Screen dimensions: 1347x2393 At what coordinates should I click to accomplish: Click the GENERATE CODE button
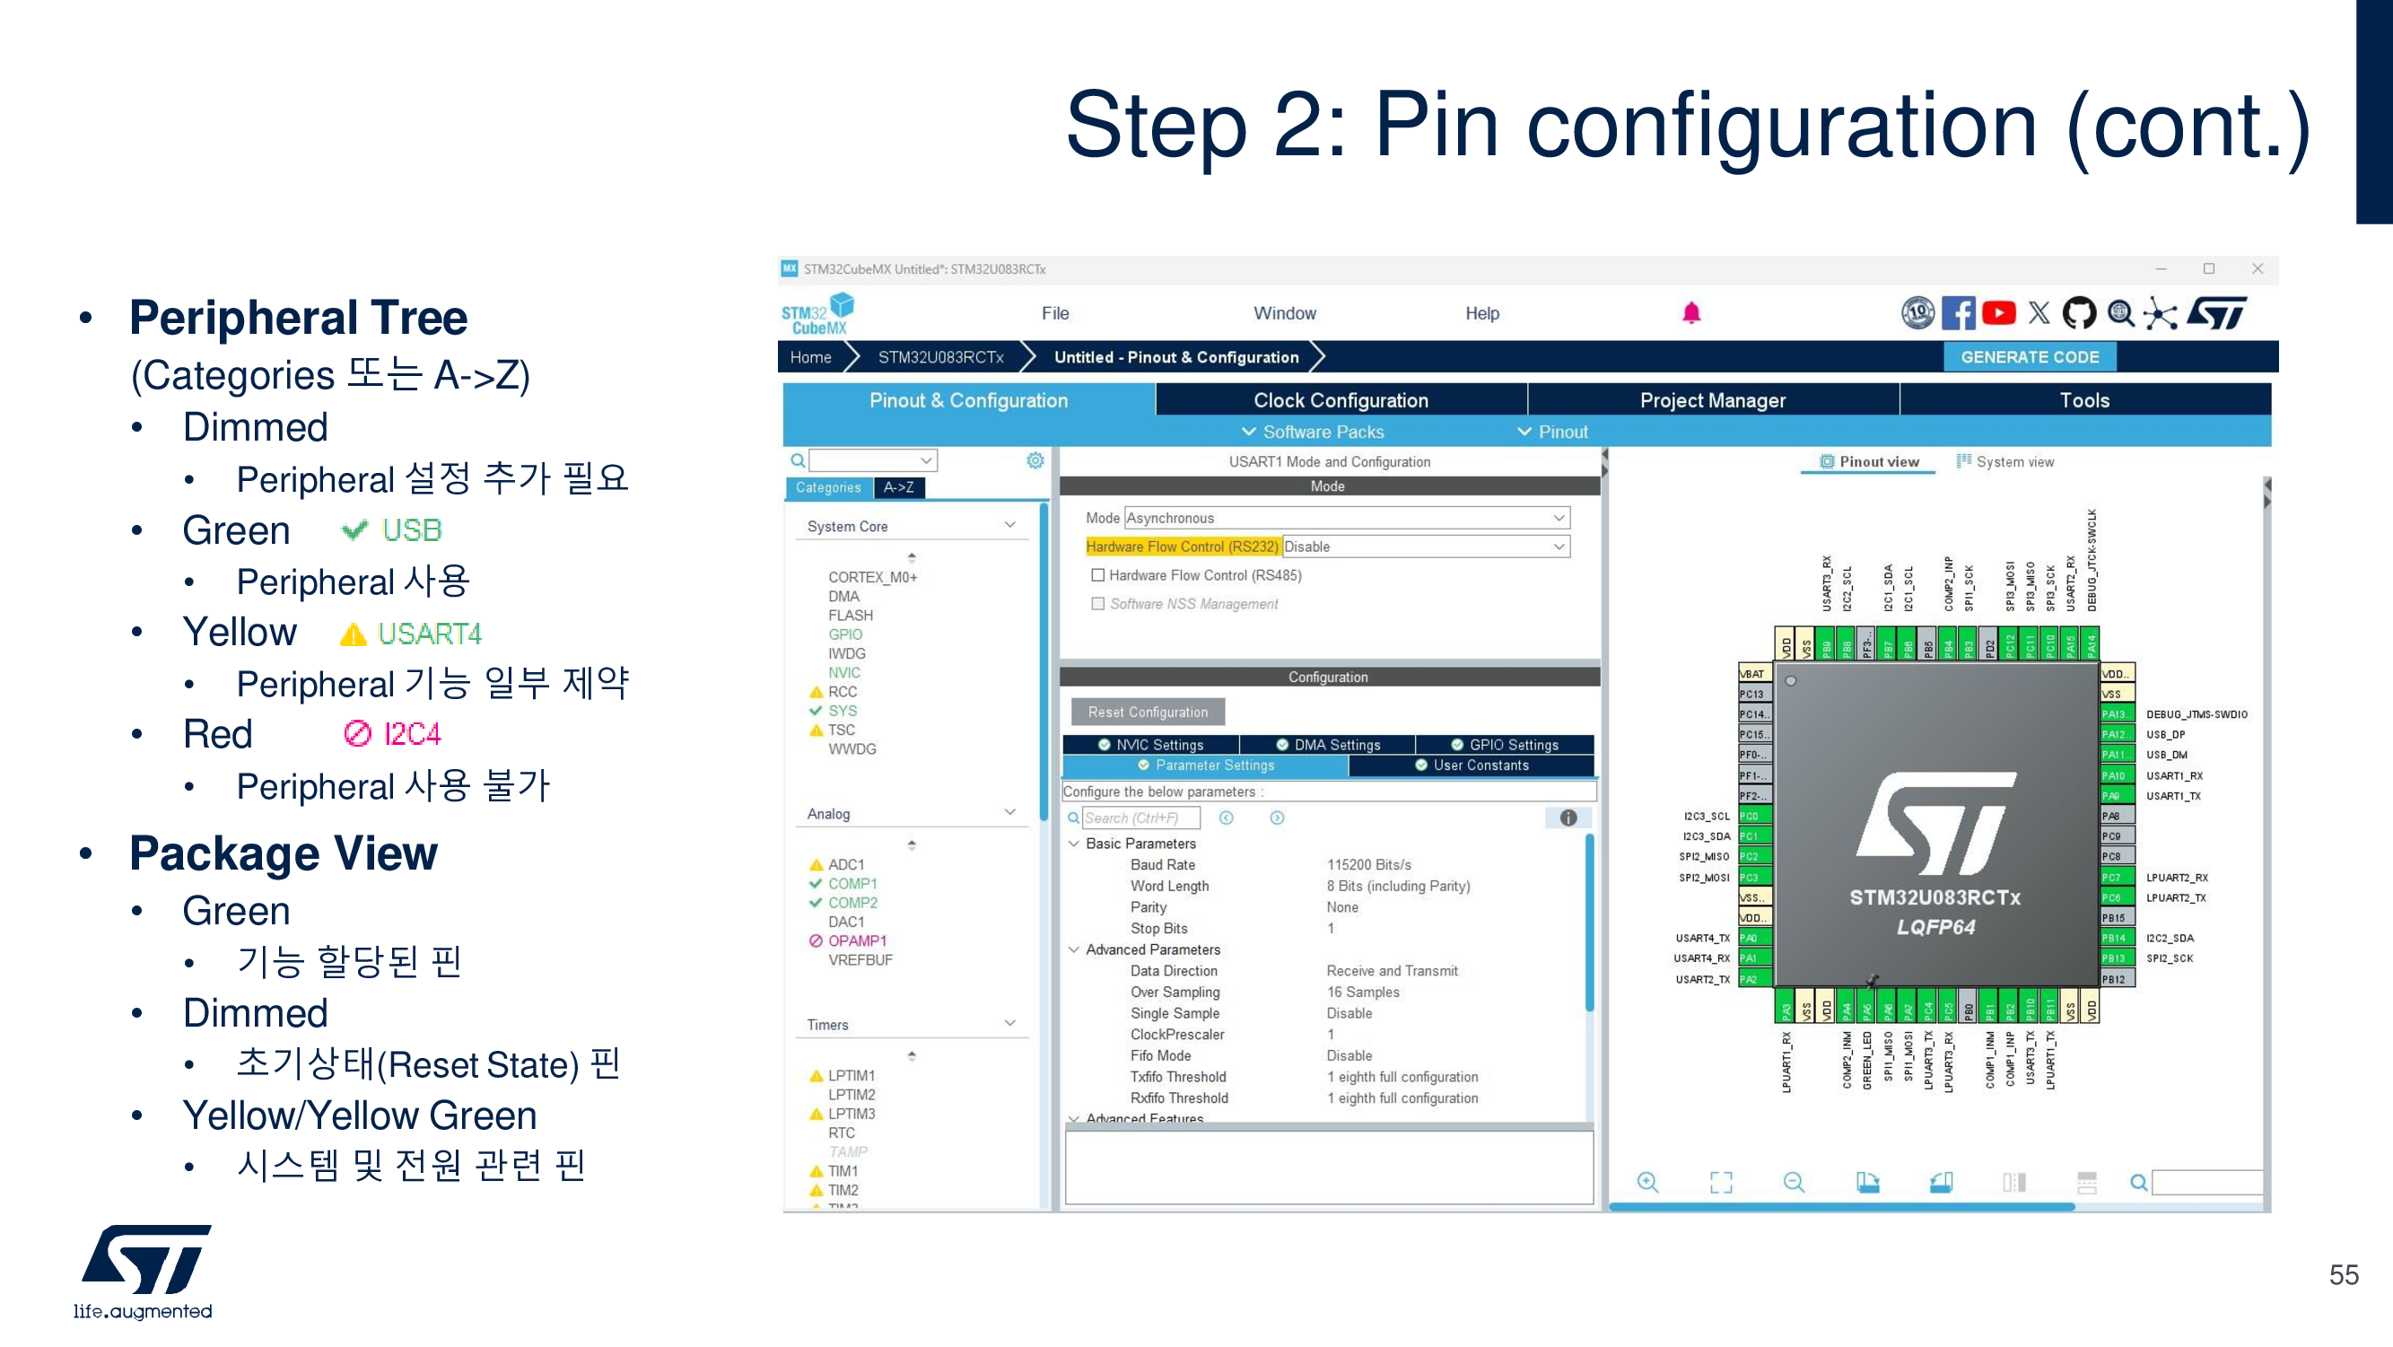click(2029, 358)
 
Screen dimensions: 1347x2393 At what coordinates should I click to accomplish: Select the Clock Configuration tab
click(1340, 400)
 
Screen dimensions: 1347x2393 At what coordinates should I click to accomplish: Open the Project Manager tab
click(1712, 400)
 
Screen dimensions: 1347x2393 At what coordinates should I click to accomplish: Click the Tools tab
click(2083, 400)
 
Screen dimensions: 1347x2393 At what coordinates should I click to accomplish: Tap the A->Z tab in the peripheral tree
click(898, 487)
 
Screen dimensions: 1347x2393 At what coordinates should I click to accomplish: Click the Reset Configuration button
click(1148, 713)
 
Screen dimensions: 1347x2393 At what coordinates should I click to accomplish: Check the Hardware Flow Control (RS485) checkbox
click(1098, 576)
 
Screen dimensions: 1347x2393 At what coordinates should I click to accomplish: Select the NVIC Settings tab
click(1151, 745)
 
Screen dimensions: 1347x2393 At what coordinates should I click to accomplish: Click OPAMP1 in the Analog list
click(857, 941)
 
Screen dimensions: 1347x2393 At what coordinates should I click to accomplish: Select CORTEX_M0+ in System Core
click(872, 577)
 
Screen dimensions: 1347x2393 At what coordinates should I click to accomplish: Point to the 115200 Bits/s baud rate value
click(1368, 865)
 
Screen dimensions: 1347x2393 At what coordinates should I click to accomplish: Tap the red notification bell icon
click(1690, 314)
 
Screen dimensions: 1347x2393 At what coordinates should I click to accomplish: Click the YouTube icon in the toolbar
click(1998, 314)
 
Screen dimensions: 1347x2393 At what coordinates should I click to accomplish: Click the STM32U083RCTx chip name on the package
click(1935, 897)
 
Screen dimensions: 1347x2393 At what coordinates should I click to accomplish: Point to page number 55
click(2343, 1274)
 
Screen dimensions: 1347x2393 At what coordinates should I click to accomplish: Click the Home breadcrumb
click(810, 358)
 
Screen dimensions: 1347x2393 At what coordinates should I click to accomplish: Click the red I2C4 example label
click(412, 734)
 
